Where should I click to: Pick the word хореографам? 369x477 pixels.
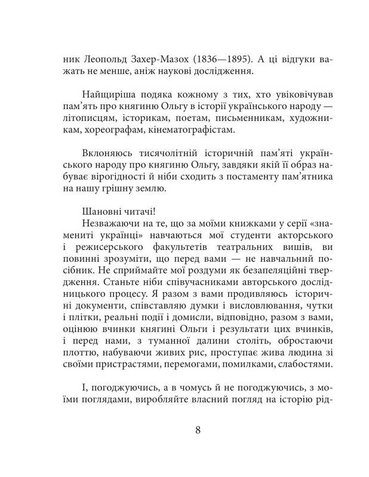click(x=91, y=127)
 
